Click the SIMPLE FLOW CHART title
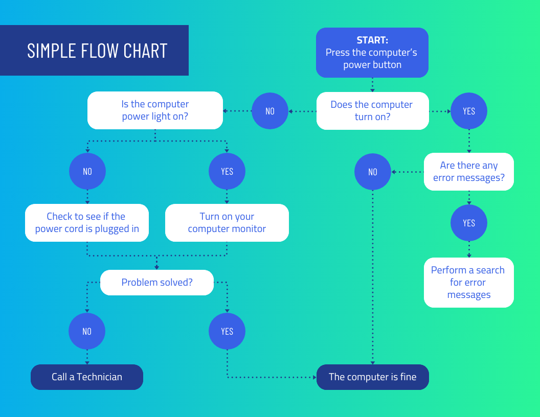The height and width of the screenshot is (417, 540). click(97, 51)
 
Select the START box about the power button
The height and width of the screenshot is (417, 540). click(372, 53)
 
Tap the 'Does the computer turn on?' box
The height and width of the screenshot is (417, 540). click(372, 110)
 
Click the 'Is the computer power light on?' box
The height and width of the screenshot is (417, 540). click(155, 110)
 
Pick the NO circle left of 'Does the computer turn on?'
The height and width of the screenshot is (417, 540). click(270, 111)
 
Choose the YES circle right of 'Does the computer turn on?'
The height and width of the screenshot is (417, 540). click(468, 111)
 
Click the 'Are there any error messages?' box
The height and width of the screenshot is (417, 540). click(468, 172)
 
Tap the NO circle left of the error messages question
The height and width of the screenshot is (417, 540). click(373, 172)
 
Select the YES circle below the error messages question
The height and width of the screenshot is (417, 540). click(468, 223)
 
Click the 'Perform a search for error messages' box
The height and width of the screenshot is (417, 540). click(468, 283)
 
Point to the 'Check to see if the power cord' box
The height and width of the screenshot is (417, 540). click(87, 223)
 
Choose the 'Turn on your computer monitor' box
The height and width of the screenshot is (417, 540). click(227, 223)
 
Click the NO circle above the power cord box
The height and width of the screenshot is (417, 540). click(87, 171)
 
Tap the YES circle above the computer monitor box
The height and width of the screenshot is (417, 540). click(227, 171)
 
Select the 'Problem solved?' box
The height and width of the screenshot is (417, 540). click(157, 282)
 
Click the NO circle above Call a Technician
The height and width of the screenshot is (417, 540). click(87, 331)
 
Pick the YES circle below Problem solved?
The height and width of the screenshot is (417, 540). click(227, 331)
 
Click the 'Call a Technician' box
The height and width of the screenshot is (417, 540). click(87, 377)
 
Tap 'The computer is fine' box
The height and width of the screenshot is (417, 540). click(372, 377)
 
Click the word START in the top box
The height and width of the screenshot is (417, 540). click(372, 40)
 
